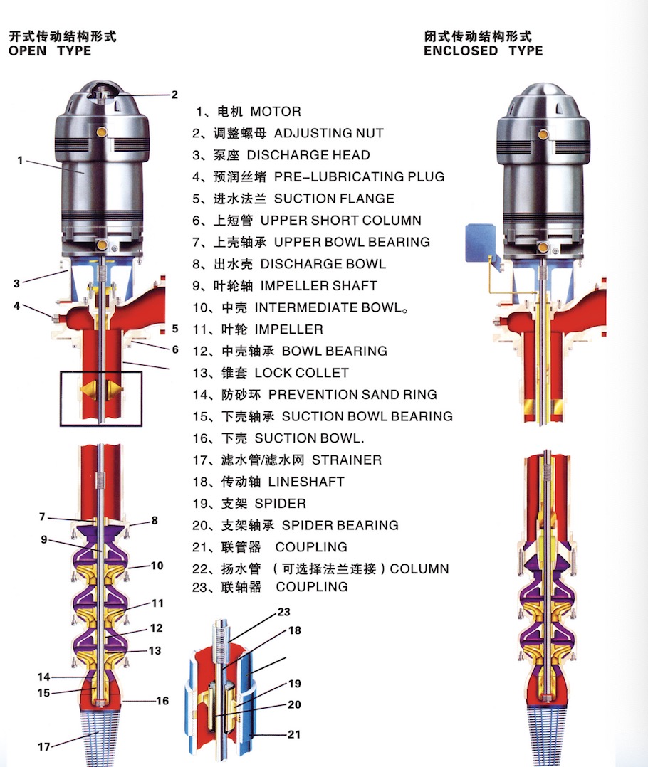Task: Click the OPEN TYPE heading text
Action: coord(50,51)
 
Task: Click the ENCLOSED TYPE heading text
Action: coord(483,51)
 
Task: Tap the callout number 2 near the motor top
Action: coord(174,94)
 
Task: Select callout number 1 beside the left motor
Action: coord(20,161)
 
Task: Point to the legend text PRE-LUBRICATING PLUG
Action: coord(359,176)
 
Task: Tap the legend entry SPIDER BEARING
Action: coord(340,526)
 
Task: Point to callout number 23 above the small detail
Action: coord(283,612)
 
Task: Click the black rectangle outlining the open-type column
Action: coord(101,372)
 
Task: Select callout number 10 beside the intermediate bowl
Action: coord(157,566)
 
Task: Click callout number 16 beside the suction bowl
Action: coord(162,701)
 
